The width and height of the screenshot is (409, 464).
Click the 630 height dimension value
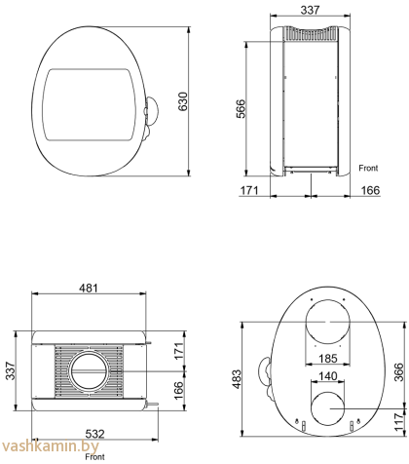tap(183, 101)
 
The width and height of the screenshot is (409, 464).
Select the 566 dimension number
tap(242, 109)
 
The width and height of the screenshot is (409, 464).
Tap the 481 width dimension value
tap(89, 288)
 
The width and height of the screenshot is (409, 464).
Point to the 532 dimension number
tap(94, 434)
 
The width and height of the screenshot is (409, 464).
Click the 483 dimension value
tap(237, 379)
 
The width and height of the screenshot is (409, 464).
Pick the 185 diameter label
tap(328, 359)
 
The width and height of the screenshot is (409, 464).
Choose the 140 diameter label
tap(328, 376)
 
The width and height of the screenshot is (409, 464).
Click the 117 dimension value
tap(398, 422)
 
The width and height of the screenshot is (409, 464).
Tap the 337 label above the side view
tap(310, 10)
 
